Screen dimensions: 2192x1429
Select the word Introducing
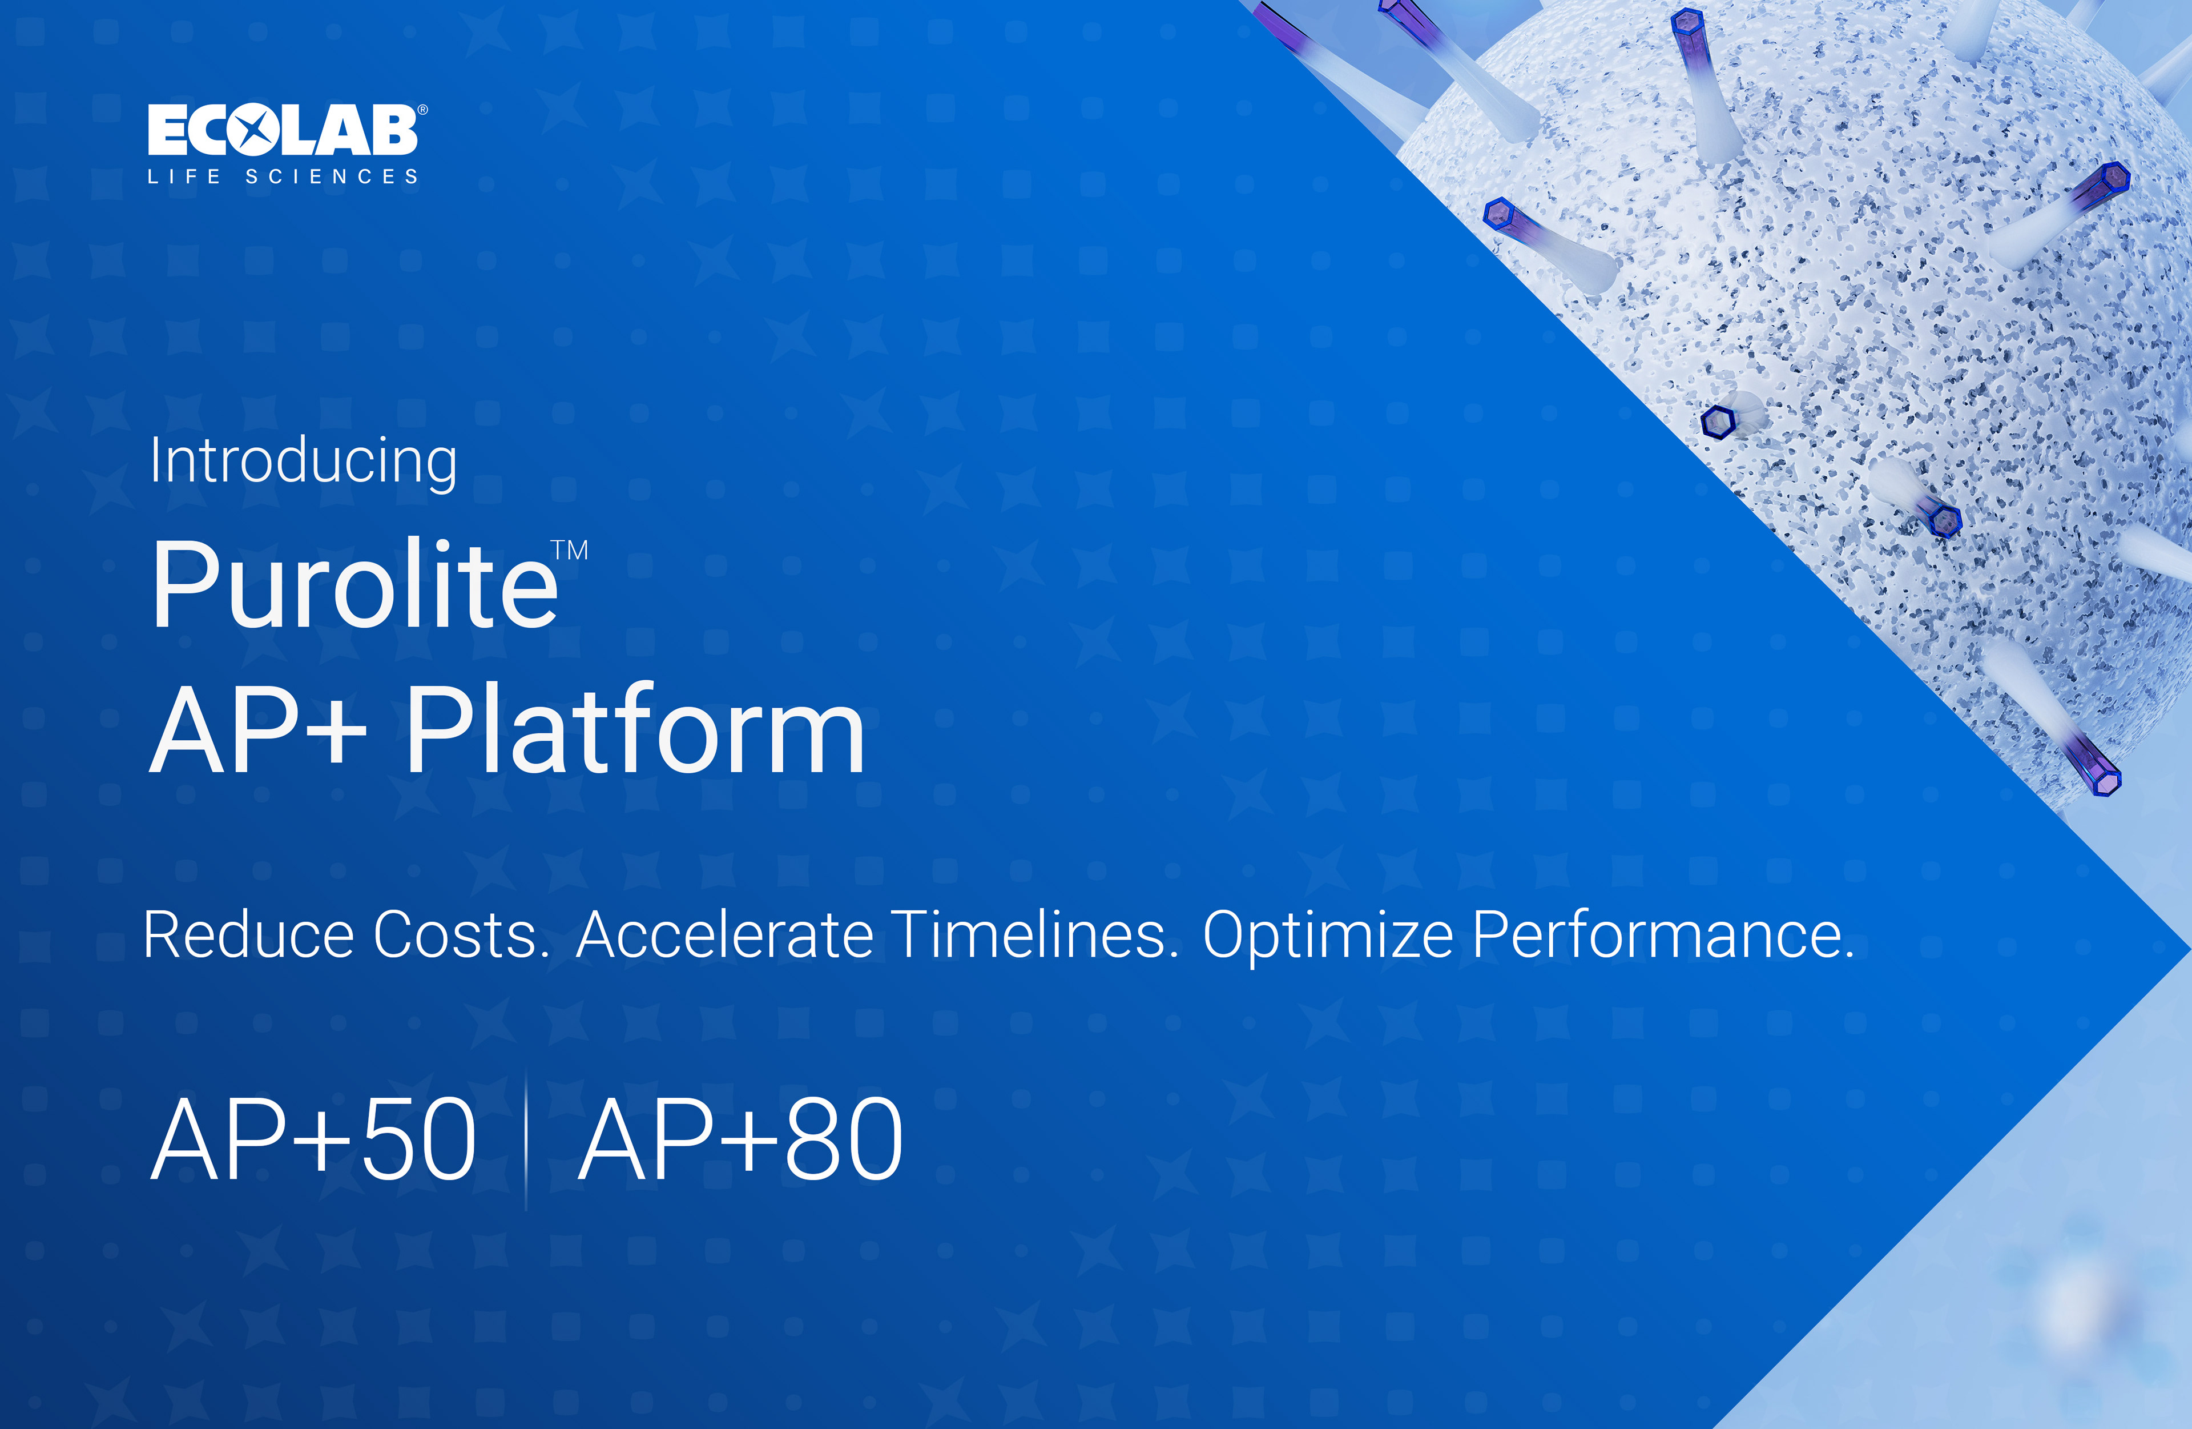[303, 461]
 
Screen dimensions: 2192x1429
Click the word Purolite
[354, 584]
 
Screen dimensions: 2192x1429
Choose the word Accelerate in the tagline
[725, 935]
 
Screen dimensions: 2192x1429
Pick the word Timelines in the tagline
[1036, 935]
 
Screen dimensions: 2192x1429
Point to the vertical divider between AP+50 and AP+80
[526, 1141]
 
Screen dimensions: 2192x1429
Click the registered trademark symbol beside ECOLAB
[423, 110]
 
